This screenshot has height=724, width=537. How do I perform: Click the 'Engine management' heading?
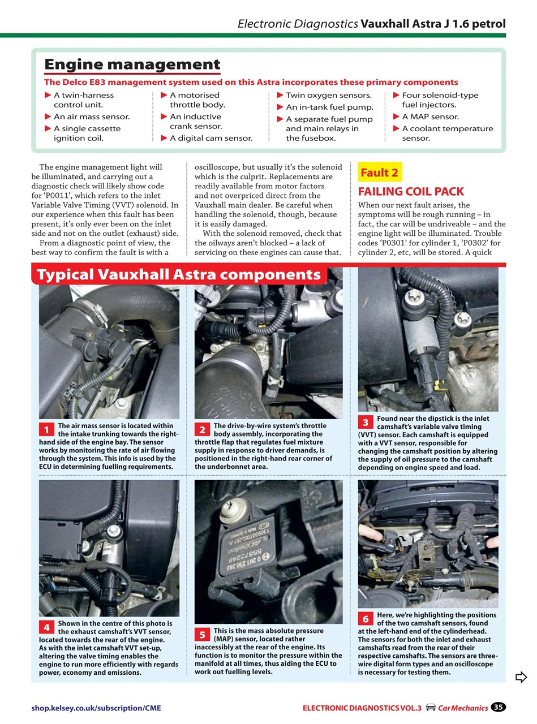pyautogui.click(x=132, y=64)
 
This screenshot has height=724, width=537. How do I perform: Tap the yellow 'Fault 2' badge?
pyautogui.click(x=379, y=173)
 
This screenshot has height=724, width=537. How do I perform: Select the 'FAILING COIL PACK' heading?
pyautogui.click(x=411, y=191)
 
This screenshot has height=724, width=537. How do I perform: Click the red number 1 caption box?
pyautogui.click(x=46, y=429)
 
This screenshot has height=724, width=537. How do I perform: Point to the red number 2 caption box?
pyautogui.click(x=202, y=429)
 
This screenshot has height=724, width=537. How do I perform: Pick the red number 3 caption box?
pyautogui.click(x=366, y=423)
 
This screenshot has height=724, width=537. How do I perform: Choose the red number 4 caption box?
pyautogui.click(x=46, y=627)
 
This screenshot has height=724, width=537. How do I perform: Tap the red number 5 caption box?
pyautogui.click(x=202, y=635)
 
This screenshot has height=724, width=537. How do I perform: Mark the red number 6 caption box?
pyautogui.click(x=366, y=619)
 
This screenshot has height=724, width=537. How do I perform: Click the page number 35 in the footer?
pyautogui.click(x=498, y=707)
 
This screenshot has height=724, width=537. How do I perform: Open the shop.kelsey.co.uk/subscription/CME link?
pyautogui.click(x=100, y=708)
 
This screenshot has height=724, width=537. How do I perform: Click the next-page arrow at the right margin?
pyautogui.click(x=521, y=677)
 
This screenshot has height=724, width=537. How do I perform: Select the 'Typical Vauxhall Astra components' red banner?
pyautogui.click(x=179, y=275)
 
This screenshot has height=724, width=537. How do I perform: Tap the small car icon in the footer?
pyautogui.click(x=431, y=707)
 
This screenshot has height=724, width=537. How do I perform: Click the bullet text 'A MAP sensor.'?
pyautogui.click(x=430, y=117)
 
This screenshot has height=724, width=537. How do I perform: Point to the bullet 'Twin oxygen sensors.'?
pyautogui.click(x=328, y=95)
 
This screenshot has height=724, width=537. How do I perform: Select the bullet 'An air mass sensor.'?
pyautogui.click(x=91, y=117)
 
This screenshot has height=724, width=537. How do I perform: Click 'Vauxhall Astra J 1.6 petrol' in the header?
pyautogui.click(x=433, y=24)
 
